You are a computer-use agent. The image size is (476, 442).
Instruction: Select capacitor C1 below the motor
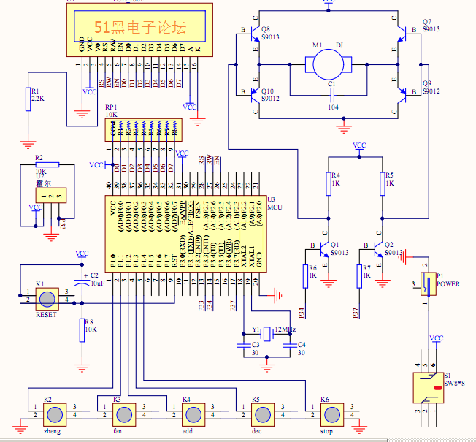point(332,96)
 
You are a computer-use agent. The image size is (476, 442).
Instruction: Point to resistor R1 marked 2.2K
point(28,99)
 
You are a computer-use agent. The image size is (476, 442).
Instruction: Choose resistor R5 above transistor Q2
point(382,183)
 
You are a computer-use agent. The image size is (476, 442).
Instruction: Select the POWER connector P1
point(427,283)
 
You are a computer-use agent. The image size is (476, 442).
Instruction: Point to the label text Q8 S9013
point(269,33)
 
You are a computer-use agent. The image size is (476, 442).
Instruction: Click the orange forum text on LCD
point(140,27)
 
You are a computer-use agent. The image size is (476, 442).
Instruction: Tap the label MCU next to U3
point(274,207)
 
